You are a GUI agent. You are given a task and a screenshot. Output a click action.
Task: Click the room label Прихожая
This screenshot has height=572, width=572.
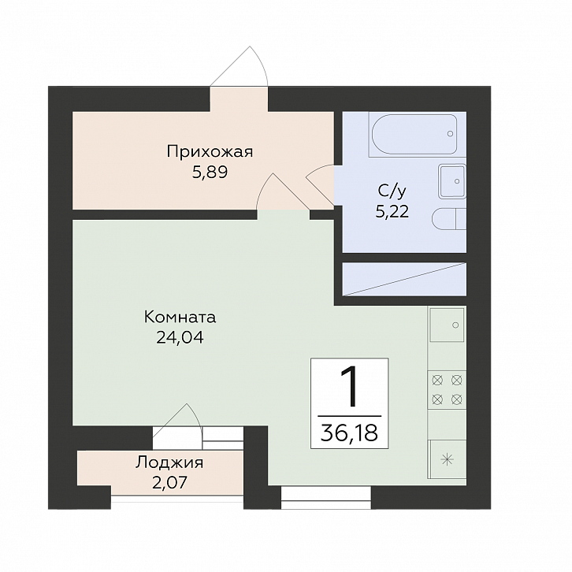210,152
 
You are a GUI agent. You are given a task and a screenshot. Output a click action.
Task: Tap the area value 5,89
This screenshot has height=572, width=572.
210,173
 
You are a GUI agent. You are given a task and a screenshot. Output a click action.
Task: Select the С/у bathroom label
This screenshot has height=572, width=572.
392,191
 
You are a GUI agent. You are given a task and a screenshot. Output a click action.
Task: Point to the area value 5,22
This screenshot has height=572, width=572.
392,211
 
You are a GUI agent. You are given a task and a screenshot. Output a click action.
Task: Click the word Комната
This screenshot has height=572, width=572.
180,317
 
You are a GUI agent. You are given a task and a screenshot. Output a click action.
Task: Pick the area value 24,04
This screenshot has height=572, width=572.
180,337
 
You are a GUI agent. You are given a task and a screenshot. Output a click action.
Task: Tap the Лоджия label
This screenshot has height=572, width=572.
169,462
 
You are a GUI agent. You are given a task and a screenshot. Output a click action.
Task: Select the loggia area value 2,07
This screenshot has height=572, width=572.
169,482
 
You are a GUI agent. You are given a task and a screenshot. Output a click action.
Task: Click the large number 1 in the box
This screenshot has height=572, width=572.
349,387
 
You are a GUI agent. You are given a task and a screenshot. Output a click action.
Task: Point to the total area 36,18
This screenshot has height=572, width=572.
349,433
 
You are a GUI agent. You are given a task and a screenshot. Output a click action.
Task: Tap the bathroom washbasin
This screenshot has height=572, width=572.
452,181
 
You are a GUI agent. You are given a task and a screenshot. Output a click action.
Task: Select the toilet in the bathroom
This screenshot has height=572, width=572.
449,220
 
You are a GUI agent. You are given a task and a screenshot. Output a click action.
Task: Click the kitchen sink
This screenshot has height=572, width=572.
448,325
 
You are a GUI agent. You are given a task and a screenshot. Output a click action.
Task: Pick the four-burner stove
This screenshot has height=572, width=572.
447,390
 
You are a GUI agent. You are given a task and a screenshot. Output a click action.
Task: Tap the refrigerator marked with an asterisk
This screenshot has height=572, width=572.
448,459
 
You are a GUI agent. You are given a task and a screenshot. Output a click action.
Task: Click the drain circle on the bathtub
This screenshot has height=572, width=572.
450,134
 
